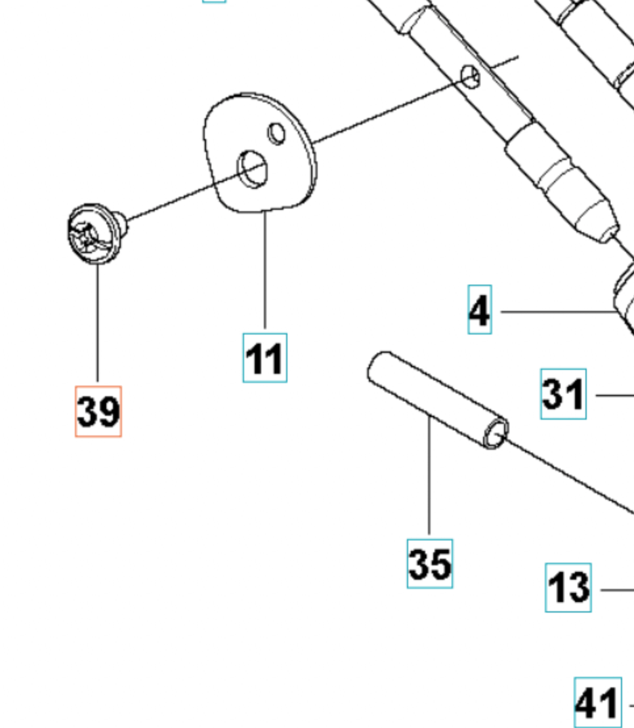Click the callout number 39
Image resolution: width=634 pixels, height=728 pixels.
click(x=98, y=411)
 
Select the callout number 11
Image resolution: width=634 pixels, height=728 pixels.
click(x=264, y=358)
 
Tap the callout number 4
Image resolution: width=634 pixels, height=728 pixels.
click(x=480, y=310)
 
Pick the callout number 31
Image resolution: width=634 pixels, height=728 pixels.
click(x=563, y=394)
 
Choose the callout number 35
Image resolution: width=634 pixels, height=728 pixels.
click(x=429, y=563)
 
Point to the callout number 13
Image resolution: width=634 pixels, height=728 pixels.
click(x=568, y=588)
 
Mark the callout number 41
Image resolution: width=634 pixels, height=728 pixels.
click(x=597, y=703)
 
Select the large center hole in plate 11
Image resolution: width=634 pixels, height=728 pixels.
click(x=253, y=169)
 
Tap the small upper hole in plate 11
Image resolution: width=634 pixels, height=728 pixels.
click(x=277, y=134)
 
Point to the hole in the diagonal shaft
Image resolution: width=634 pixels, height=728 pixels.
click(x=471, y=77)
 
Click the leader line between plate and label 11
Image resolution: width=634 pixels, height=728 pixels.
click(x=265, y=269)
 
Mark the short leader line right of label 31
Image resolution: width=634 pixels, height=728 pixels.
click(x=614, y=395)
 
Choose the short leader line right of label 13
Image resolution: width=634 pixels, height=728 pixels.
click(x=617, y=590)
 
